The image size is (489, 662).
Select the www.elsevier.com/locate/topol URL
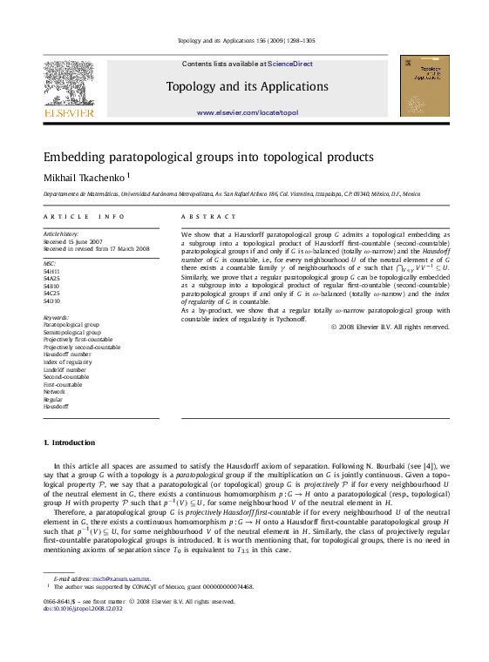[x=247, y=113]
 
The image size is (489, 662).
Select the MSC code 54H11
[x=51, y=271]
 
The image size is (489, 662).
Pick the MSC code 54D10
[x=51, y=301]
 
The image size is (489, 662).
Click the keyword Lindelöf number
[x=65, y=369]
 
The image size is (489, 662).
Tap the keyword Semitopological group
[x=71, y=332]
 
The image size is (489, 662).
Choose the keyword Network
[x=54, y=391]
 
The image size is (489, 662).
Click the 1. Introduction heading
[x=69, y=442]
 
